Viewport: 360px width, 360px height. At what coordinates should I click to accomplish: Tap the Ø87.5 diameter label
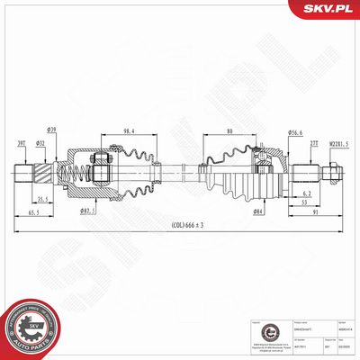88,211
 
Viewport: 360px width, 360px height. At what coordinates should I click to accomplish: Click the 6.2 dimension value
307,193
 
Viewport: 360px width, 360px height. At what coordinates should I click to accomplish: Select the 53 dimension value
305,203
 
